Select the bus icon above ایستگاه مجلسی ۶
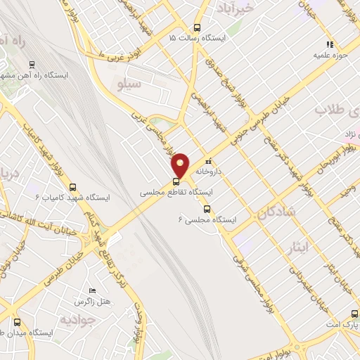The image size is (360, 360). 206,208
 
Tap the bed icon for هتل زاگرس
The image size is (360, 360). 92,291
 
